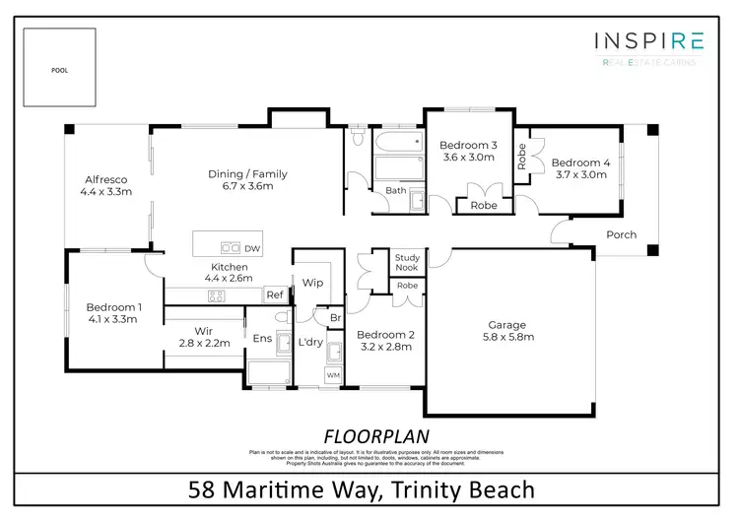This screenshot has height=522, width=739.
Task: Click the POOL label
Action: click(x=60, y=71)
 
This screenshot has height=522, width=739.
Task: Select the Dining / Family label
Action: click(x=247, y=174)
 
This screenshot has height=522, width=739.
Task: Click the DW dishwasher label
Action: click(x=252, y=248)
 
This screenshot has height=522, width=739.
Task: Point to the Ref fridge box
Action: click(x=275, y=294)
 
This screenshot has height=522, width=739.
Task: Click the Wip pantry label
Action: click(x=313, y=283)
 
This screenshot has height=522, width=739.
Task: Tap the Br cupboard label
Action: click(x=335, y=318)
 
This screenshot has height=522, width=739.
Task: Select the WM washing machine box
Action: click(x=333, y=375)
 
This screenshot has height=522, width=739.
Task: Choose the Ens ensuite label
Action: click(x=262, y=339)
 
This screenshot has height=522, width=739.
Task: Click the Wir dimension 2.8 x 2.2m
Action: click(x=204, y=344)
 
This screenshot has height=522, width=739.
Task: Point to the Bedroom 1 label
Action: click(x=113, y=307)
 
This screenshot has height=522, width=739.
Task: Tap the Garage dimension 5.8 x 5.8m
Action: click(x=507, y=337)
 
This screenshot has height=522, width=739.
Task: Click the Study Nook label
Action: click(x=407, y=263)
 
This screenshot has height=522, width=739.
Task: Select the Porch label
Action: click(x=621, y=234)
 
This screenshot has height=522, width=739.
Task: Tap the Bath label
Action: click(x=396, y=190)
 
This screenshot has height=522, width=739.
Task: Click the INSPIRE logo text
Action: click(x=649, y=40)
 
